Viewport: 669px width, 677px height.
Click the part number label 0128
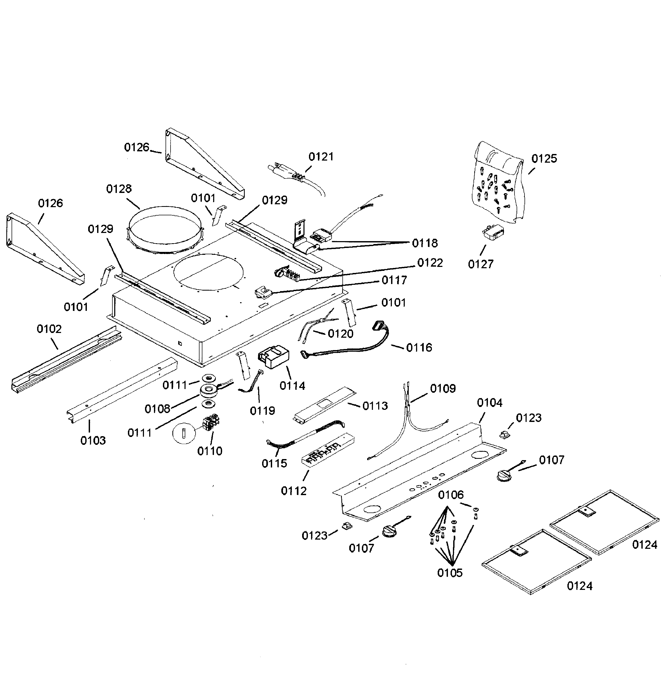tap(119, 189)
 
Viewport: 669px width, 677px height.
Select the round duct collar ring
tap(165, 230)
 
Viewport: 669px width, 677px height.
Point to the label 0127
tap(481, 264)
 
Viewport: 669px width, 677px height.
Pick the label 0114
tap(292, 386)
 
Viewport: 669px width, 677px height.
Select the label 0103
tap(93, 440)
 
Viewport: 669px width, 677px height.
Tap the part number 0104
tap(490, 403)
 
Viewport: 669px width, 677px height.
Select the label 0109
tap(443, 388)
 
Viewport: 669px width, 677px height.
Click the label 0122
tap(430, 263)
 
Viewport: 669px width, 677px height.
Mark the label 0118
tap(425, 243)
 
